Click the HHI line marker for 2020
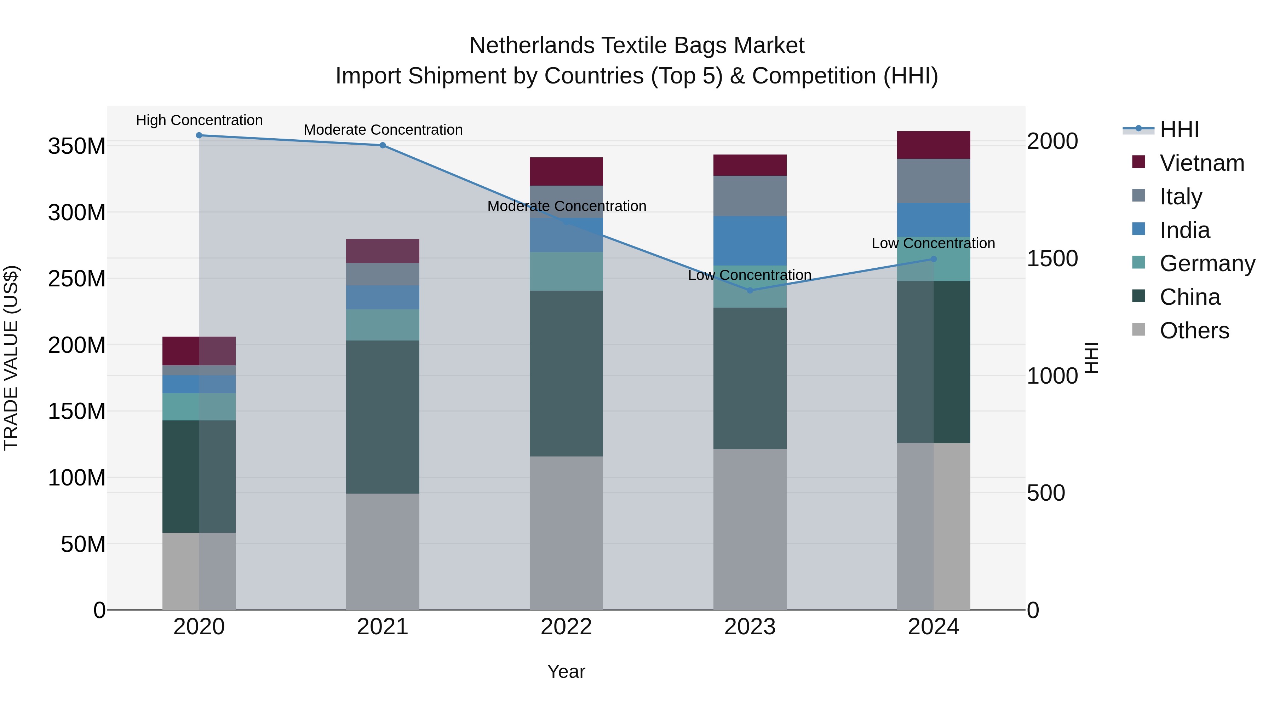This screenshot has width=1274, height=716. tap(199, 135)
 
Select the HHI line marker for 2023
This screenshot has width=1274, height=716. tap(750, 291)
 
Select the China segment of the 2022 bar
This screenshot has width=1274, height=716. tap(566, 373)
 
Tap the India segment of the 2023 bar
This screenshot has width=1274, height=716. tap(750, 241)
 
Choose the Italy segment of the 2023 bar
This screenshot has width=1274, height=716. tap(750, 196)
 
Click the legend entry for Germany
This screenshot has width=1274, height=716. tap(1207, 263)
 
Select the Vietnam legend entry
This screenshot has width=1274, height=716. tap(1201, 163)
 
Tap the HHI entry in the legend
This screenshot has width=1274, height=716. tap(1179, 129)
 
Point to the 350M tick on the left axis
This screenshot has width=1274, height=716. tap(77, 146)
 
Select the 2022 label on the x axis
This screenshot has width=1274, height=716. tap(566, 627)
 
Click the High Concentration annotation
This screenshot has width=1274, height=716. tap(199, 120)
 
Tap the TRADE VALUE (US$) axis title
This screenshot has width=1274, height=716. tap(11, 358)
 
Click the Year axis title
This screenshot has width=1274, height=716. tap(566, 671)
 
